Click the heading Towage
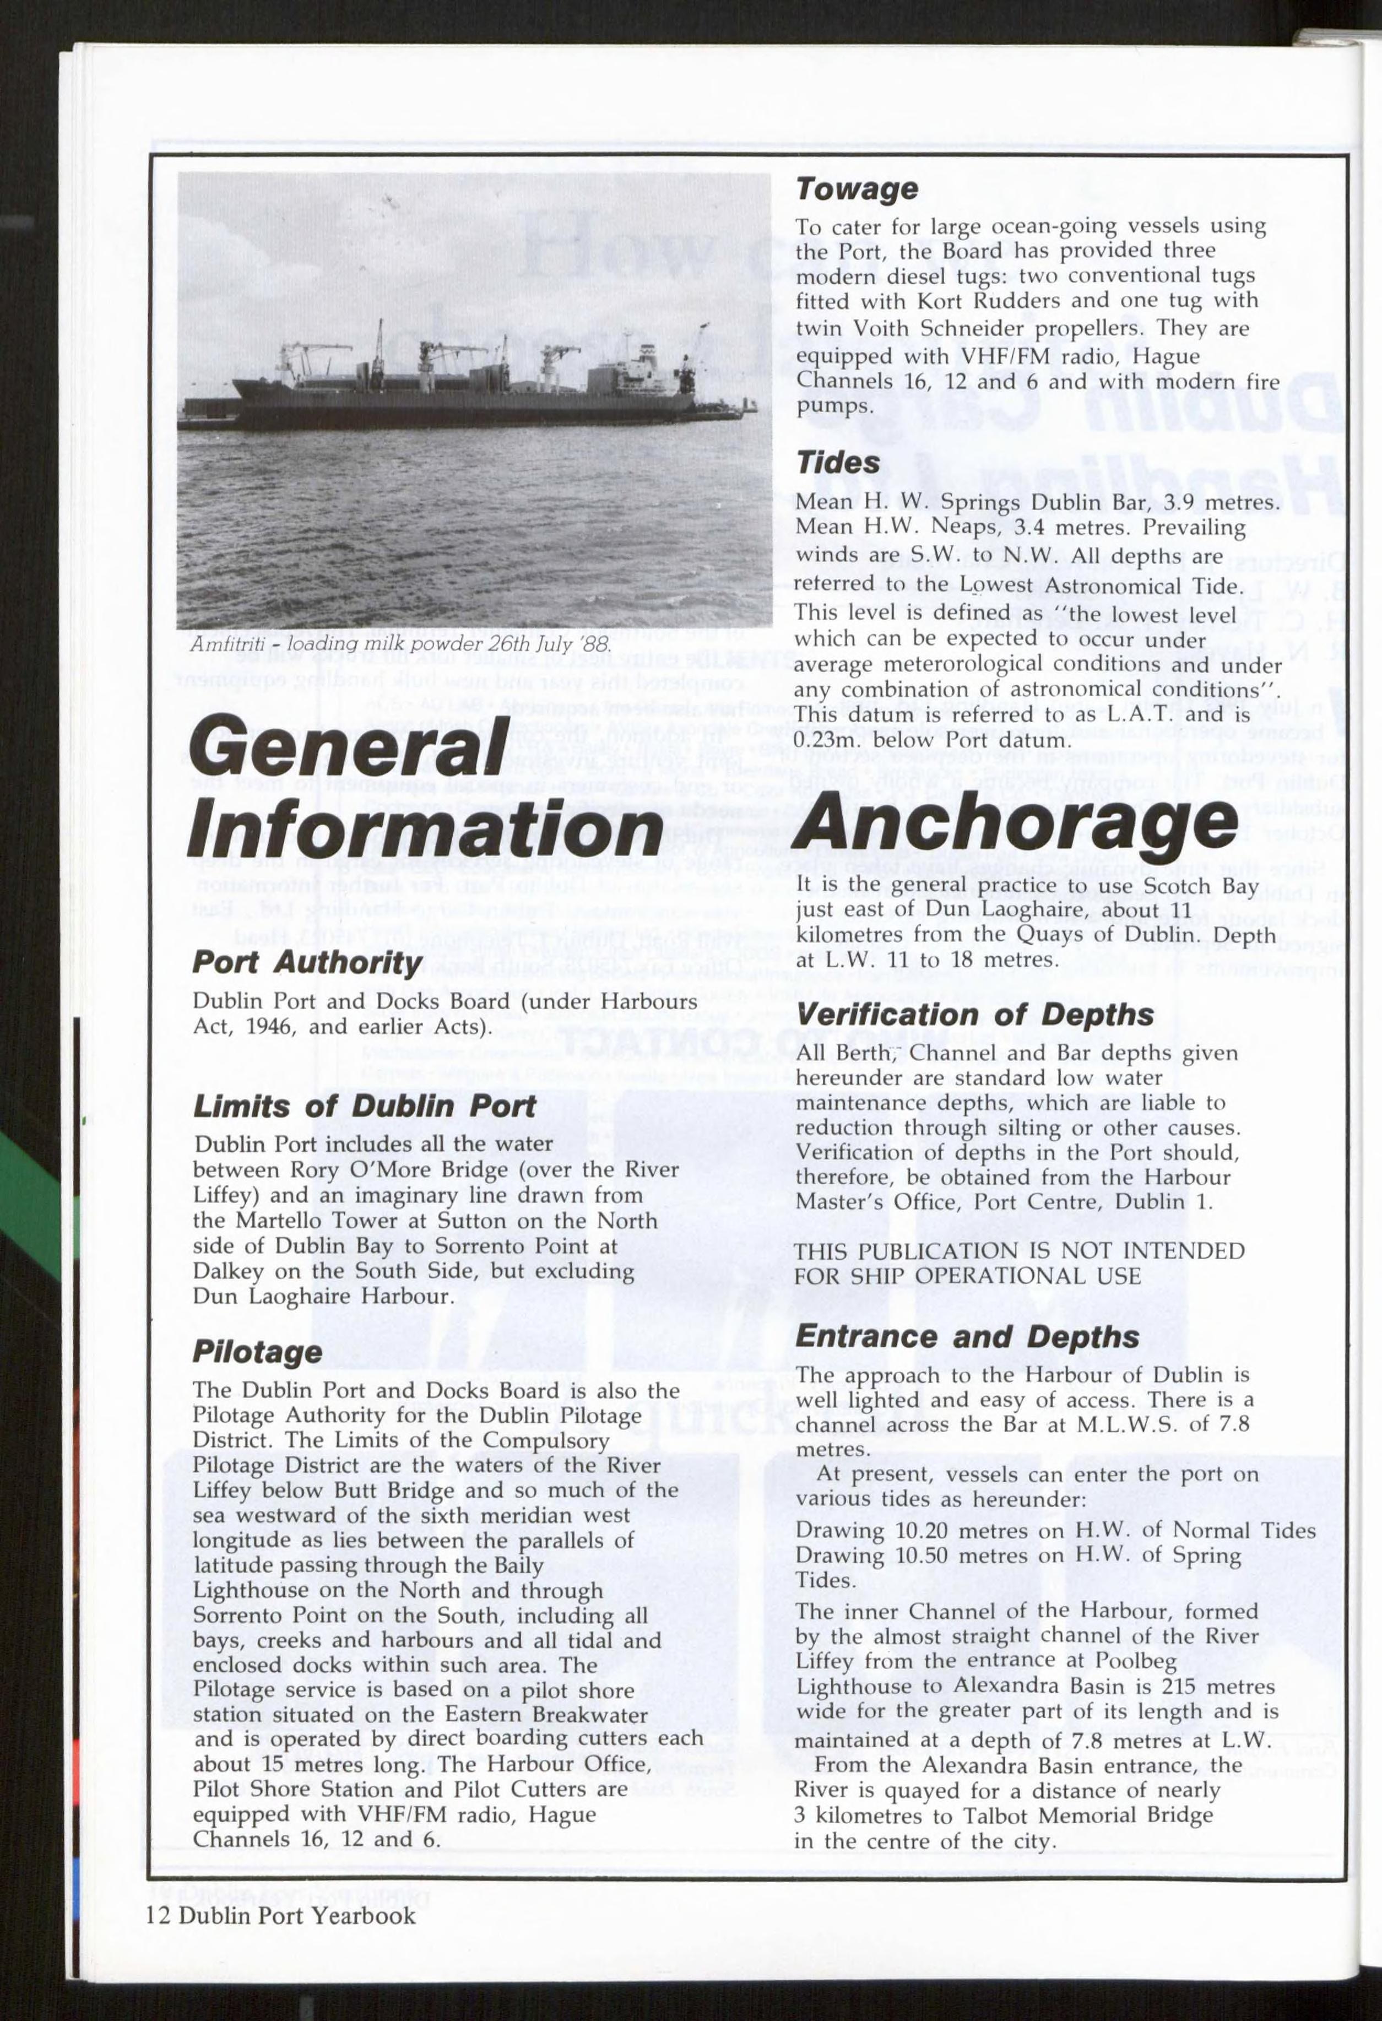[x=857, y=189]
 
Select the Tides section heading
[x=838, y=463]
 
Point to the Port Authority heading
[x=307, y=962]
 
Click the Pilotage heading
[x=257, y=1351]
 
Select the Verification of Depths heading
[x=974, y=1014]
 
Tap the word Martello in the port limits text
[x=302, y=1221]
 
